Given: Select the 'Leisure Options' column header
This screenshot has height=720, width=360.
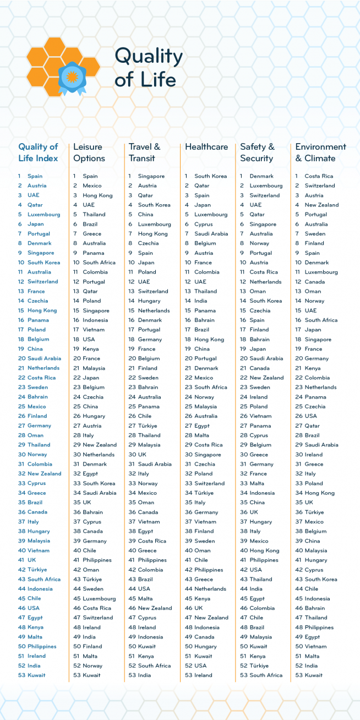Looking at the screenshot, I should [x=89, y=152].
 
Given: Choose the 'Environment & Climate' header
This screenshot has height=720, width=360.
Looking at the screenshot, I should [x=320, y=152].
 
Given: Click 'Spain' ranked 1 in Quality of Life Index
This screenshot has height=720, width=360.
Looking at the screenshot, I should [x=35, y=176].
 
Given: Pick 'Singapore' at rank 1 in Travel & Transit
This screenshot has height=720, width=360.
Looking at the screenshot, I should [x=151, y=176].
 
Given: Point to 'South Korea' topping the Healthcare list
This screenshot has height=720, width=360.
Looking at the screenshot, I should [x=210, y=176].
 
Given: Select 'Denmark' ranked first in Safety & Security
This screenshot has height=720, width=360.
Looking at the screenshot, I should [x=261, y=176].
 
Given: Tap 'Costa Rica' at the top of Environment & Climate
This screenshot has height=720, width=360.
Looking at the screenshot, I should [x=319, y=176].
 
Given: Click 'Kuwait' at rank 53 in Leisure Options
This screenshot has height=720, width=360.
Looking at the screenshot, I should [x=92, y=675].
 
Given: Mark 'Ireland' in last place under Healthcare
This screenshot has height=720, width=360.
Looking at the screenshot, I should [x=203, y=675].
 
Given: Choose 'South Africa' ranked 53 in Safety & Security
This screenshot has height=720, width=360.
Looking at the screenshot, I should [x=266, y=675].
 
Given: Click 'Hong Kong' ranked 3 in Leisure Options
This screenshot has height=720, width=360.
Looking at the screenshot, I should [x=97, y=195].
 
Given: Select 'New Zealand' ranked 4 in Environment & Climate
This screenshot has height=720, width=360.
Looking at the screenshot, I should [x=321, y=205].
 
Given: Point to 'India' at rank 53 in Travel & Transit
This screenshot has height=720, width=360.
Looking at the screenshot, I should [x=145, y=675].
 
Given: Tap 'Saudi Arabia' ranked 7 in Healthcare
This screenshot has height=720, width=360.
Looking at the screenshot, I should [x=211, y=233].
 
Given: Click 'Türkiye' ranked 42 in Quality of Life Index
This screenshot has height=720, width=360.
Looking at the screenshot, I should [x=37, y=570].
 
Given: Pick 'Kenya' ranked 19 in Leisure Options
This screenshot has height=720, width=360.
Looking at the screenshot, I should [x=91, y=349].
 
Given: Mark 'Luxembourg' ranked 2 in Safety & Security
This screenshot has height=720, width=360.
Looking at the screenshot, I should [x=266, y=186].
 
